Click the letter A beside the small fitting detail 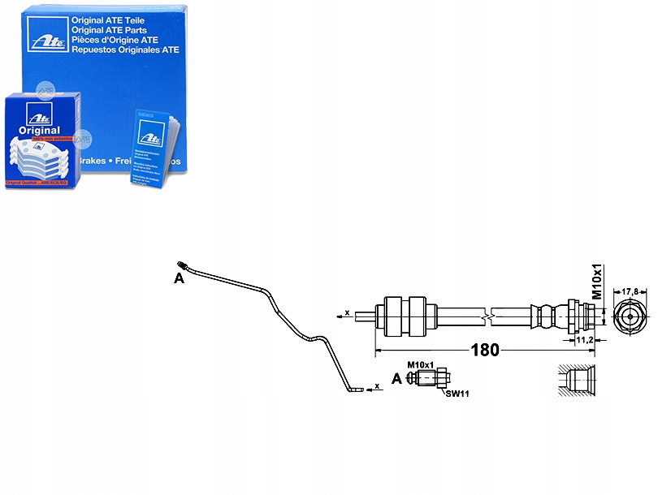coord(396,379)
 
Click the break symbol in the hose coord(487,313)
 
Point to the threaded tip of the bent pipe coord(182,265)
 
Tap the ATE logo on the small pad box coord(37,112)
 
